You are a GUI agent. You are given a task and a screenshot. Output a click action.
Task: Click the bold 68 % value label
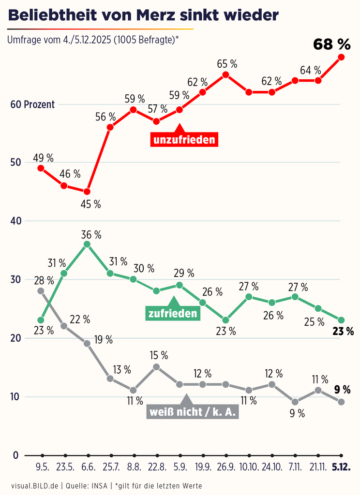coord(331,44)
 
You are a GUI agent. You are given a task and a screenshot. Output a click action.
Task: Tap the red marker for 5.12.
coord(341,57)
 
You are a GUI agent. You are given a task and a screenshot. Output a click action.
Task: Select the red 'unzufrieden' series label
coord(184,140)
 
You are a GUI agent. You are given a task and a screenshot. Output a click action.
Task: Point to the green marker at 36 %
coord(87,244)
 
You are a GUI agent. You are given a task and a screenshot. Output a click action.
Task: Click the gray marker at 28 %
coord(41,291)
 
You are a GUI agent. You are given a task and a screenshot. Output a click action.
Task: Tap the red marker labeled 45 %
coord(87,191)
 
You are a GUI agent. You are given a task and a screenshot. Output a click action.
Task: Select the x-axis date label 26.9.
coord(225,468)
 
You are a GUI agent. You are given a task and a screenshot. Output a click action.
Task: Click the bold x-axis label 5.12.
coord(342,468)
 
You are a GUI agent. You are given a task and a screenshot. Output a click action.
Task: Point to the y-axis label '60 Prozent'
coord(33,104)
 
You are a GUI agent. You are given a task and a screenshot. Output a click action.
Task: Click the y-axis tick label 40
coord(15,221)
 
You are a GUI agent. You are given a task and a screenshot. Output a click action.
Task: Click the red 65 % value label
coord(227,63)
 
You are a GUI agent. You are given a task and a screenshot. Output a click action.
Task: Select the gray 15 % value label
coord(158,356)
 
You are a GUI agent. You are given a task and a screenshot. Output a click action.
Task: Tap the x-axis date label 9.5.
coord(42,468)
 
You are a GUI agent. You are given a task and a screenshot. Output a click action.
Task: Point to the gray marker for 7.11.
coord(295,401)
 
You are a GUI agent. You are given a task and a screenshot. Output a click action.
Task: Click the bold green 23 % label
coord(343,332)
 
